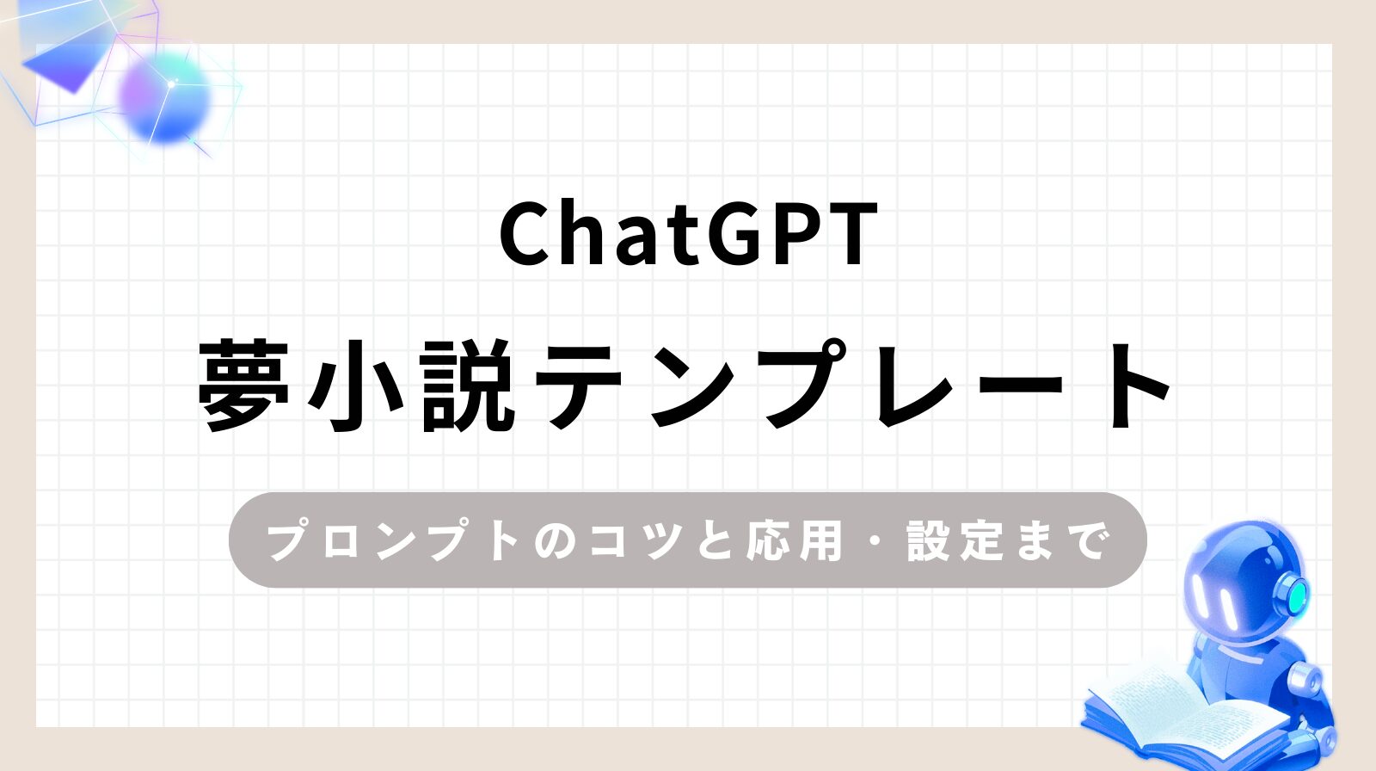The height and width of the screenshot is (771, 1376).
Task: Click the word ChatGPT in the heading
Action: tap(688, 234)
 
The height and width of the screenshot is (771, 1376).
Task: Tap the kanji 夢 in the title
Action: tap(243, 385)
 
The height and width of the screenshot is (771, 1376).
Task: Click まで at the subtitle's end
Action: tap(1066, 541)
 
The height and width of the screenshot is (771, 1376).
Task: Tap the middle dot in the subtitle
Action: tap(875, 541)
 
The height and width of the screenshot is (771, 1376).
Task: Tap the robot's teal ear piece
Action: tap(1293, 591)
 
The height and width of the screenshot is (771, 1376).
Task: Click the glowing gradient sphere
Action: tap(165, 95)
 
